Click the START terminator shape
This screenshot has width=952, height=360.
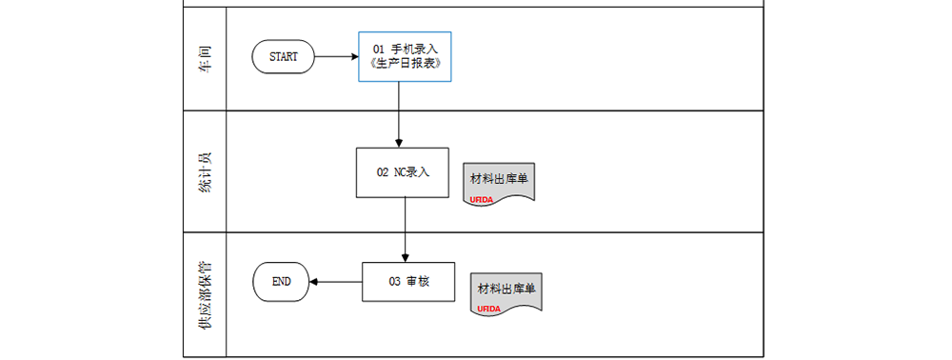point(283,57)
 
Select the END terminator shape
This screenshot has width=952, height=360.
point(282,282)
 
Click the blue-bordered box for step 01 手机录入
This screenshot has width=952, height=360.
point(404,56)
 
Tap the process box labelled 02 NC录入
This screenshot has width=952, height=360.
point(402,172)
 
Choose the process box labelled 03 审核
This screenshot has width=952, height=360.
point(408,282)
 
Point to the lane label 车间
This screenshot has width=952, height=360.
point(204,59)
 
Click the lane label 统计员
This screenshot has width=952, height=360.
point(204,172)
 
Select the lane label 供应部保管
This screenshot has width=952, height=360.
point(204,295)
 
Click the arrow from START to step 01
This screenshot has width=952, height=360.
point(336,57)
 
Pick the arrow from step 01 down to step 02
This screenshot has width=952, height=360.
point(398,114)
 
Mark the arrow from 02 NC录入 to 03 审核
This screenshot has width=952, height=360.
point(406,230)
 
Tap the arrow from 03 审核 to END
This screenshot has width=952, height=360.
point(337,282)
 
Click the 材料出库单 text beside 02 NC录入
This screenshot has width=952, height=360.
point(499,178)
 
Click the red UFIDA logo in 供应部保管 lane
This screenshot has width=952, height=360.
point(489,310)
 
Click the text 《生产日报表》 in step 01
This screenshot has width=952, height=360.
point(404,65)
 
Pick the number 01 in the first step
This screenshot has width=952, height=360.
point(378,49)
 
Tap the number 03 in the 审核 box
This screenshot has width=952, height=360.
point(394,282)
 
